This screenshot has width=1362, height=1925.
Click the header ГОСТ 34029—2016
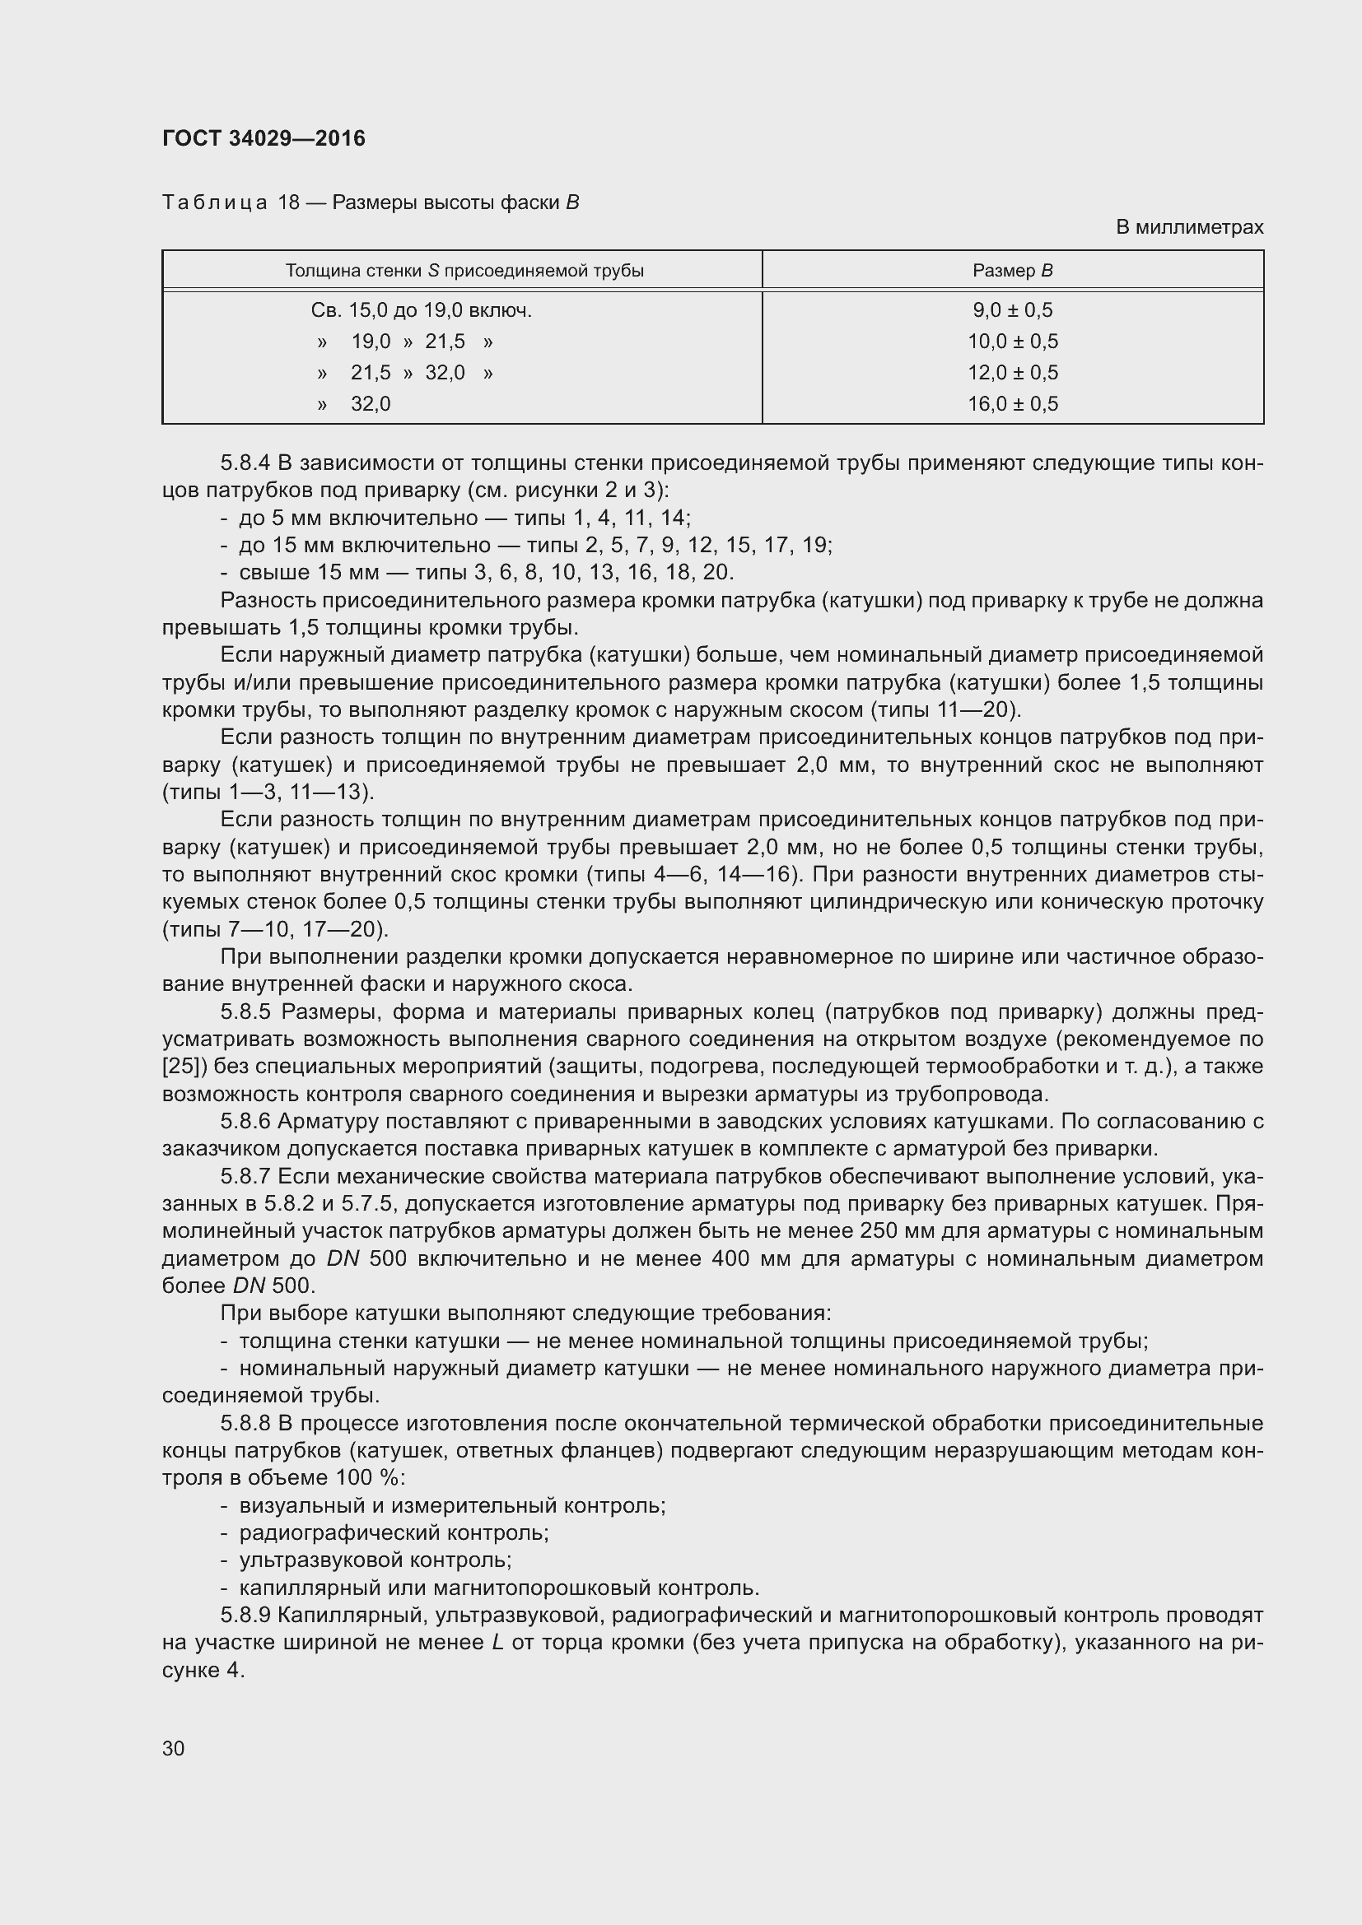coord(264,138)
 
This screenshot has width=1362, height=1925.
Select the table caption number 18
coord(289,203)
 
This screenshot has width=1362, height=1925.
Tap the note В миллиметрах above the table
coord(1188,227)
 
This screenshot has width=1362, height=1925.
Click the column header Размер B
coord(1012,271)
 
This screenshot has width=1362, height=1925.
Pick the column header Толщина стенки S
coord(464,271)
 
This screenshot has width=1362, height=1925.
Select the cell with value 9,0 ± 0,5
coord(1012,310)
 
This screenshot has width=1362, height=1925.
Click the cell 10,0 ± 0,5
coord(1012,342)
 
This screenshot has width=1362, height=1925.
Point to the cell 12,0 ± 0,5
coord(1012,372)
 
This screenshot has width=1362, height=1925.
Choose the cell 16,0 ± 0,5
coord(1012,404)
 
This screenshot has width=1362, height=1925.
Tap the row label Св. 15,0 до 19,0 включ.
coord(421,310)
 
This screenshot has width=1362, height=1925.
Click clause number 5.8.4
coord(245,463)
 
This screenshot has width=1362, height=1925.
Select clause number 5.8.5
coord(245,1012)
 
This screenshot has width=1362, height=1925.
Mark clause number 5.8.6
coord(245,1121)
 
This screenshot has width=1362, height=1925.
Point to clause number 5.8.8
coord(245,1424)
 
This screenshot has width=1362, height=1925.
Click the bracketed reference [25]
coord(179,1067)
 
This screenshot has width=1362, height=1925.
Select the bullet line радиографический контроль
coord(394,1532)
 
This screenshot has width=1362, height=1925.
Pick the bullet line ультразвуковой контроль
coord(375,1560)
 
